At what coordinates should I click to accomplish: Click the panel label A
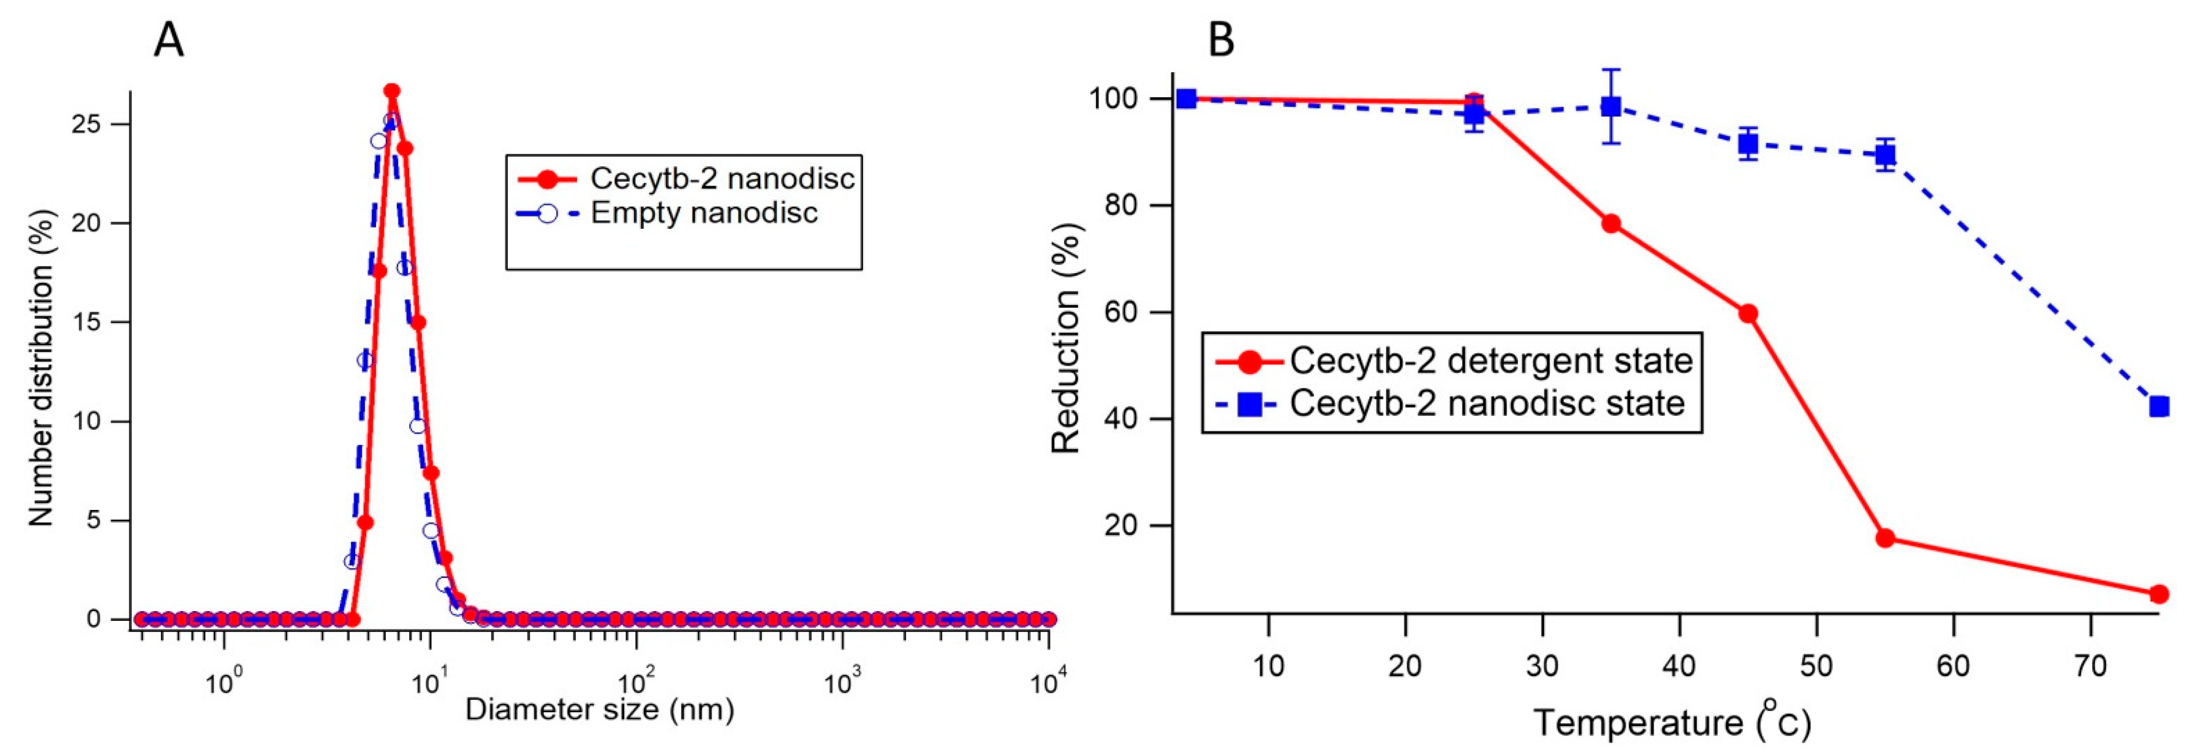click(x=168, y=40)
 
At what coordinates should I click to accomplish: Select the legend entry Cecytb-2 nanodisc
click(x=722, y=178)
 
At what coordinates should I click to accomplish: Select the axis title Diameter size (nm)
click(x=599, y=709)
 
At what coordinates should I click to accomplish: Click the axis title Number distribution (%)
click(x=41, y=368)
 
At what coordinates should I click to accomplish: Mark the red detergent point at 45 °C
click(x=1748, y=314)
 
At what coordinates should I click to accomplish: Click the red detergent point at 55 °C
click(x=1885, y=537)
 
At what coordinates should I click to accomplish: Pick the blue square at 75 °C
click(x=2158, y=407)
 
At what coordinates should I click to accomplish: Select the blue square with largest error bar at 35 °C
click(x=1611, y=106)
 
